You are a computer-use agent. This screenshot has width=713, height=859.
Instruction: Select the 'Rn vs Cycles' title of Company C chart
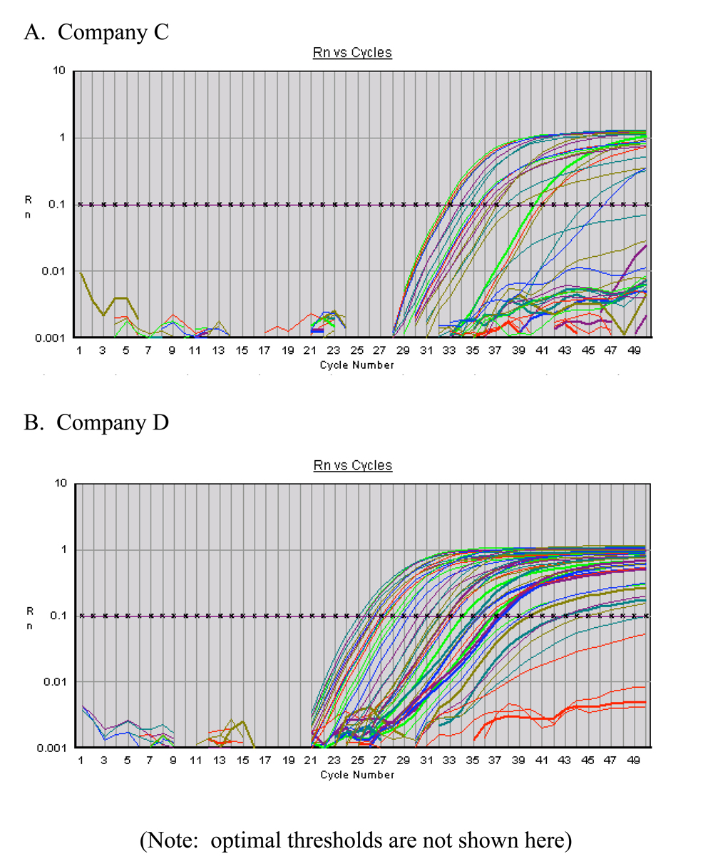(x=352, y=54)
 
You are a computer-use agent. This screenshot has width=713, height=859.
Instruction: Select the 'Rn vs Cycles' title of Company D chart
(x=352, y=465)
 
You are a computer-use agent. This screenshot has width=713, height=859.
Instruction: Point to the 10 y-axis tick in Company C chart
(x=58, y=71)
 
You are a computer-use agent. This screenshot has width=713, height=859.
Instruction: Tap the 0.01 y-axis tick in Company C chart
(x=53, y=271)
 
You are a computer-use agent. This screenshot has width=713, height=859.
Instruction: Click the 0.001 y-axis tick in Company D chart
(x=50, y=748)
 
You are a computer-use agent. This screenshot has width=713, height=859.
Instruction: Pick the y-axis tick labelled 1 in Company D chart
(x=63, y=549)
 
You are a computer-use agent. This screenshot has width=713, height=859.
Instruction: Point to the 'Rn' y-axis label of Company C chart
(x=29, y=205)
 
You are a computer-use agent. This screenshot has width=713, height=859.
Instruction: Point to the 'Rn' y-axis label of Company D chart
(x=29, y=616)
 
